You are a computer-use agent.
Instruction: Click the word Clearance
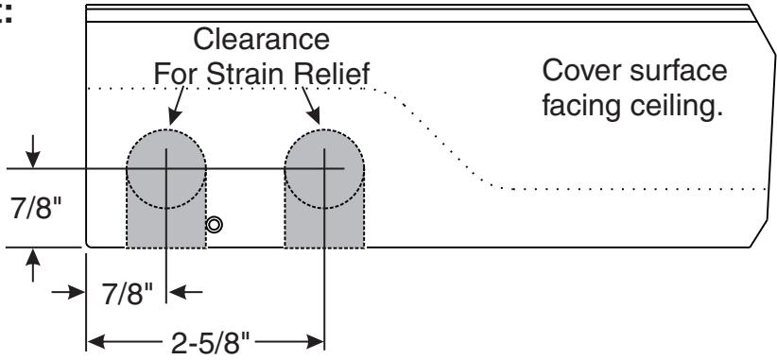(261, 39)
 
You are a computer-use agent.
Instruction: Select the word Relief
(332, 74)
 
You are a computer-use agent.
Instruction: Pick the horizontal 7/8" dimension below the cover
(128, 295)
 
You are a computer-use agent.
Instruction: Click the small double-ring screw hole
(214, 225)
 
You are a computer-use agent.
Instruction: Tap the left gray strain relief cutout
(166, 189)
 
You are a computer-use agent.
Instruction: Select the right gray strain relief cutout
(324, 189)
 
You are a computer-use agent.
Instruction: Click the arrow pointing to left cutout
(177, 106)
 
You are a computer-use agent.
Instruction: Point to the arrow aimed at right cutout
(311, 106)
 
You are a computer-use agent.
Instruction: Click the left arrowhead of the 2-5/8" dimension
(96, 342)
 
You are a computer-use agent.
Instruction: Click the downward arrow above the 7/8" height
(33, 151)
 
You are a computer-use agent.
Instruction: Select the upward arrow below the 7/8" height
(33, 266)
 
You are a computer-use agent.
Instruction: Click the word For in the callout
(176, 74)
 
